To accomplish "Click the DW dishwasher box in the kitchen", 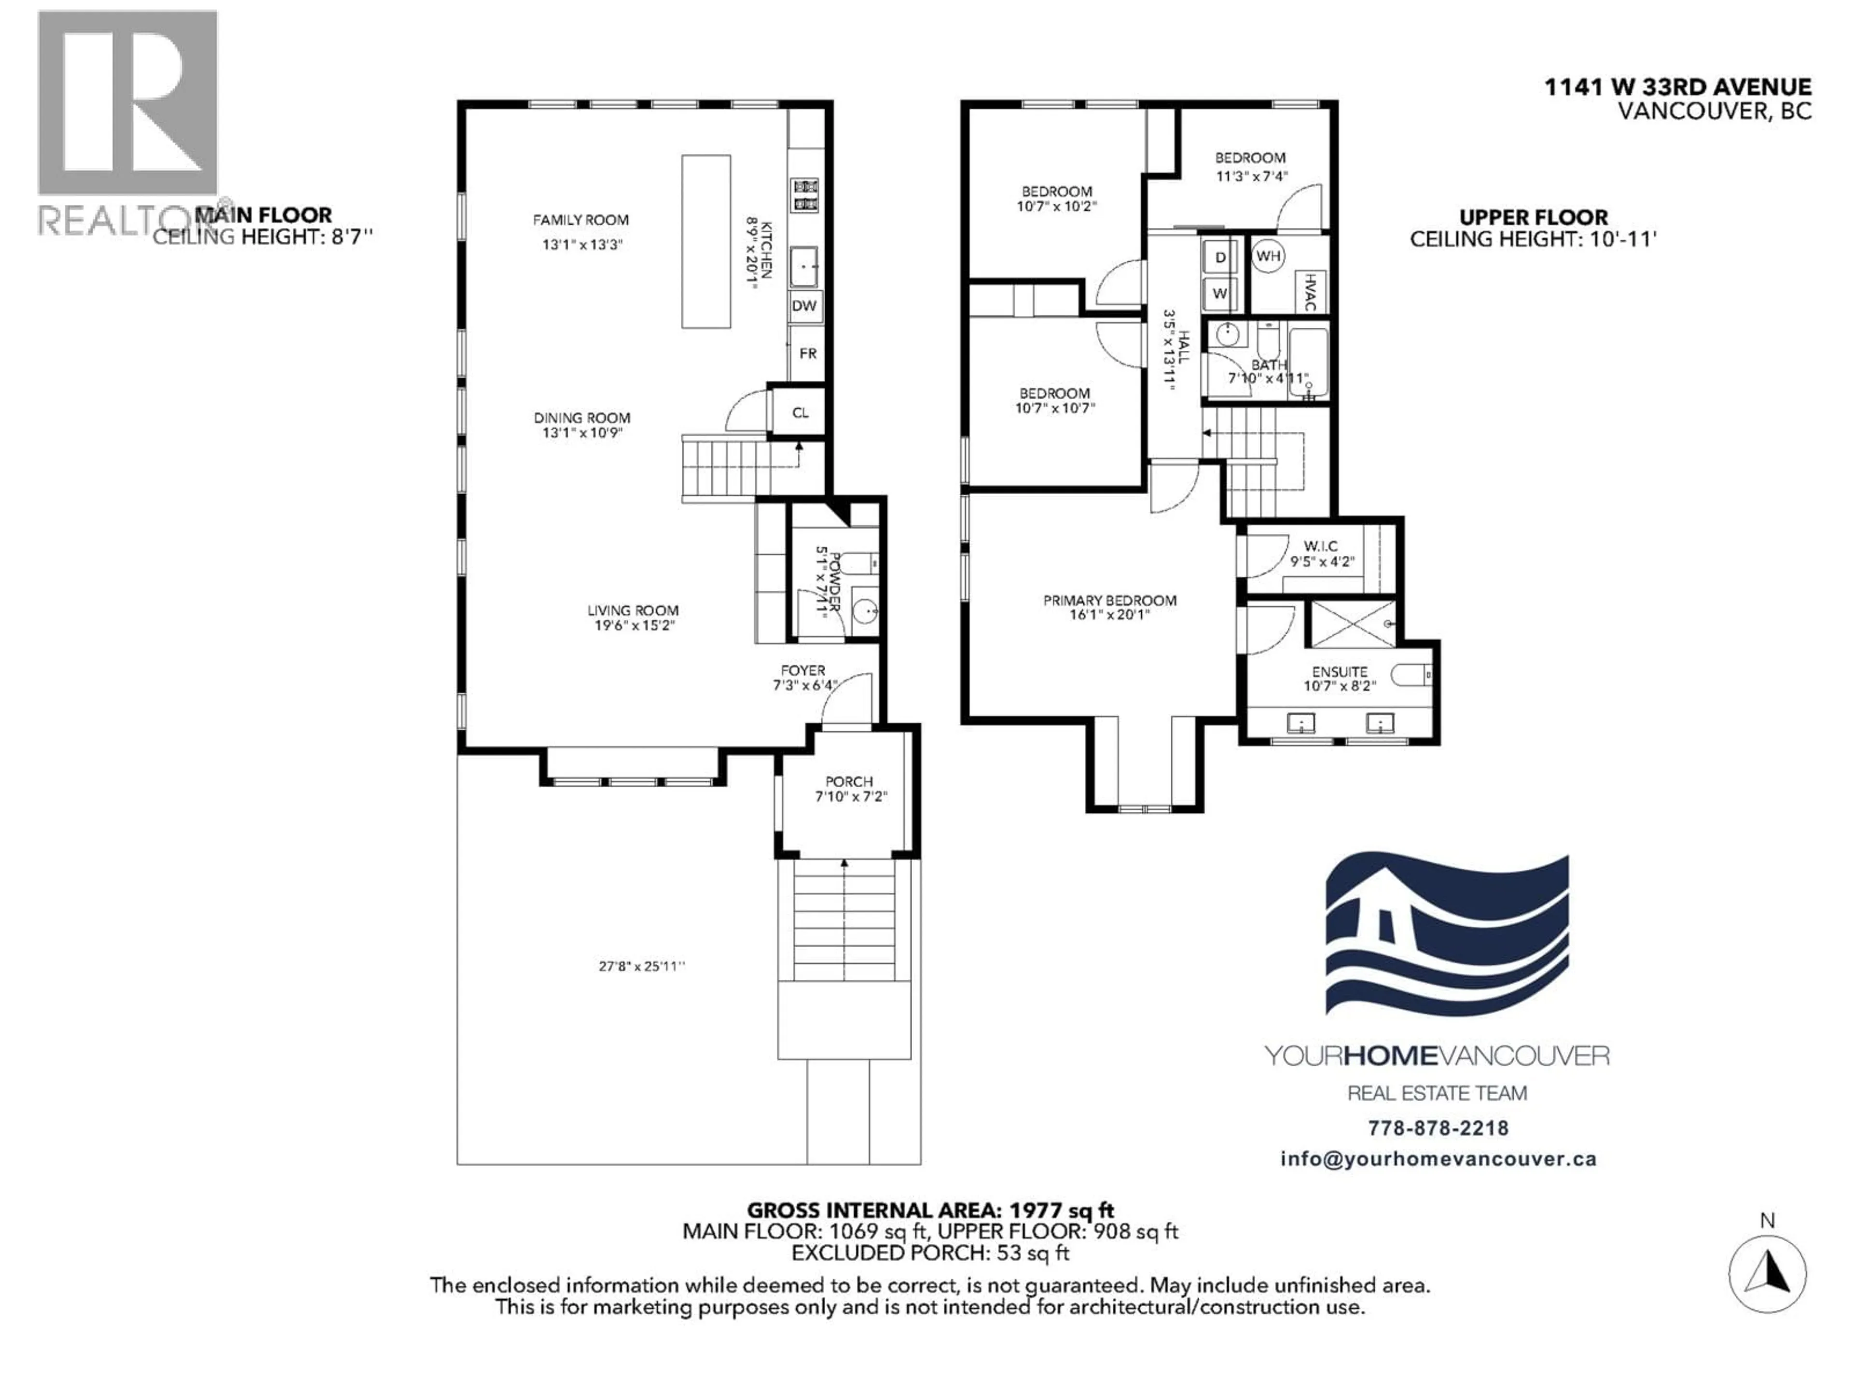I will pyautogui.click(x=804, y=306).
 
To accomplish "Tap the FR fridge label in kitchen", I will pyautogui.click(x=807, y=354).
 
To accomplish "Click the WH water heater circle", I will pyautogui.click(x=1268, y=255).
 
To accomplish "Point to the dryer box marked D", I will pyautogui.click(x=1220, y=257).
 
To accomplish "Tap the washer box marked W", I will pyautogui.click(x=1220, y=293).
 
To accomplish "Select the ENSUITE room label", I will pyautogui.click(x=1340, y=672).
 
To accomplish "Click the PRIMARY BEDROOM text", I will pyautogui.click(x=1109, y=601).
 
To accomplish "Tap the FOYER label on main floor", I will pyautogui.click(x=802, y=670).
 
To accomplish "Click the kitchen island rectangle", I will pyautogui.click(x=705, y=241).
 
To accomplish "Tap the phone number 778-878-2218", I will pyautogui.click(x=1438, y=1128).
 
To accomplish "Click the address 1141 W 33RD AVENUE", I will pyautogui.click(x=1677, y=87).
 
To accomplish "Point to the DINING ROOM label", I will pyautogui.click(x=581, y=418).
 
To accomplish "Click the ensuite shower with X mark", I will pyautogui.click(x=1353, y=624).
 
